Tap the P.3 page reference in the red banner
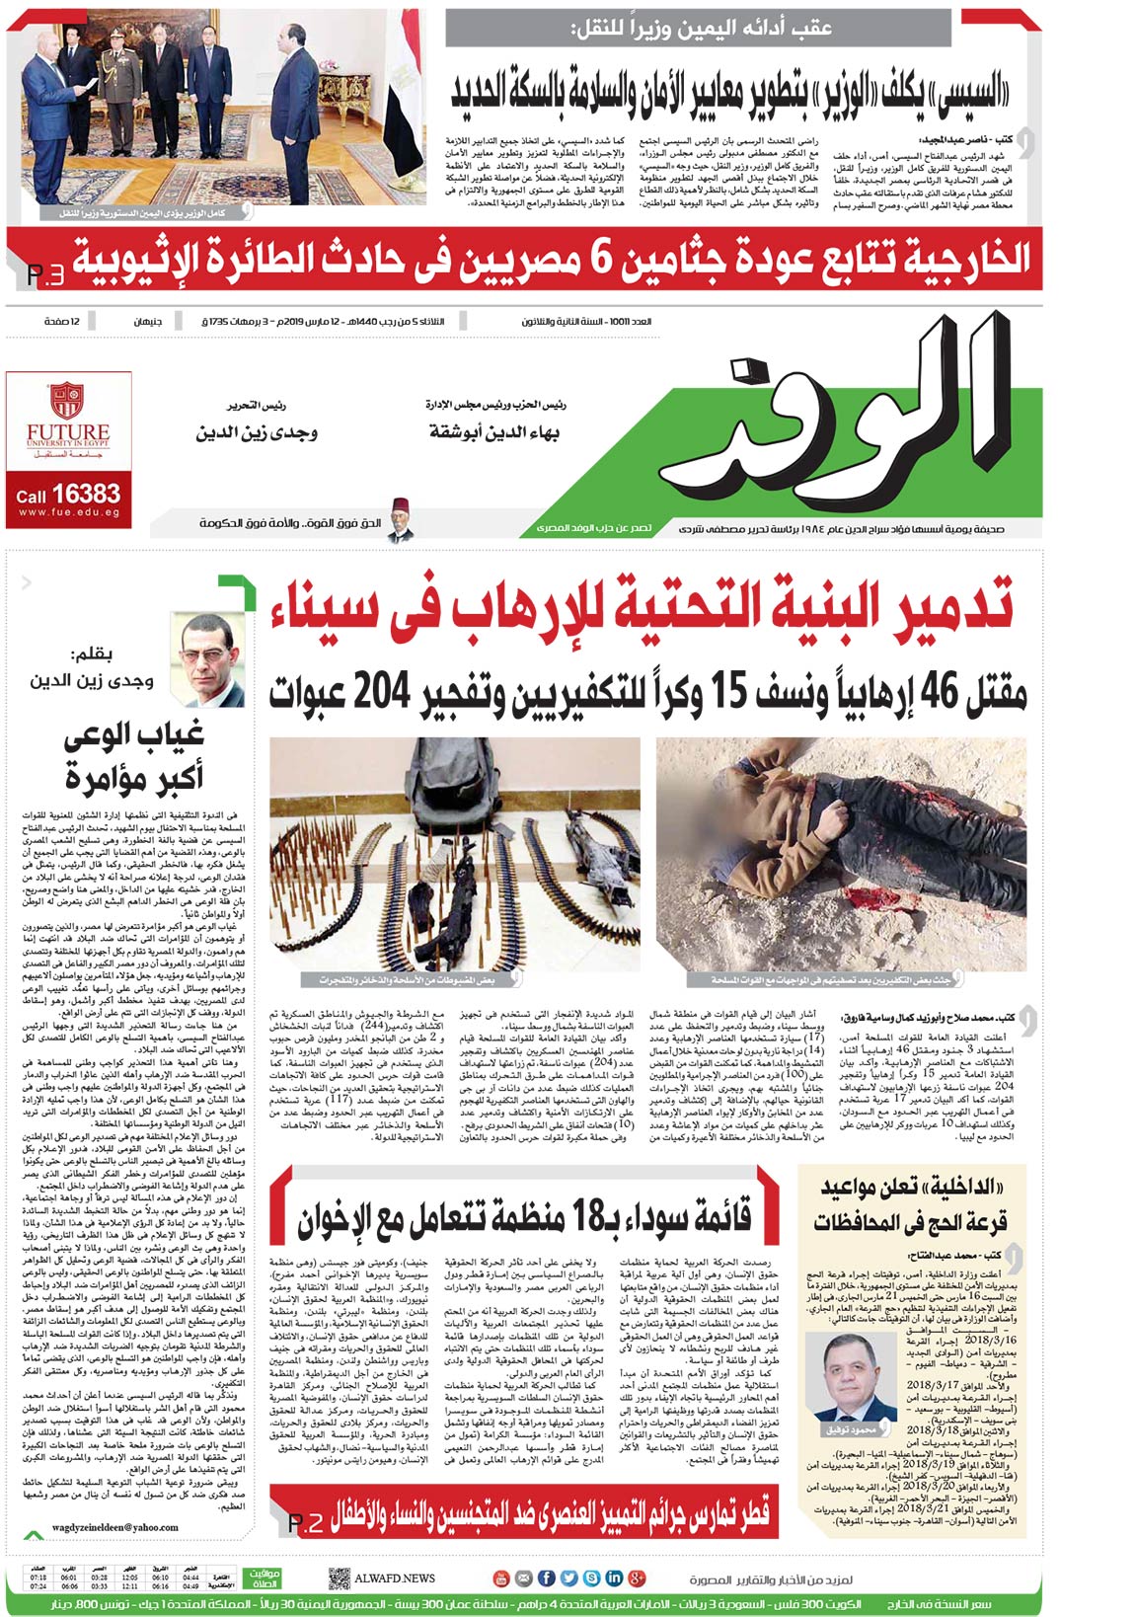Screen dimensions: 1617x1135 coord(43,274)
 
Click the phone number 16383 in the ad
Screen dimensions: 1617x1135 coord(87,494)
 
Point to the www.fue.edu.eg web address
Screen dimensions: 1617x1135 coord(68,512)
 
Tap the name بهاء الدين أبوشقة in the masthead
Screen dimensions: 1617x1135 coord(493,432)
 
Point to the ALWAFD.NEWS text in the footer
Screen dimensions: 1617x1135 coord(395,1578)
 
